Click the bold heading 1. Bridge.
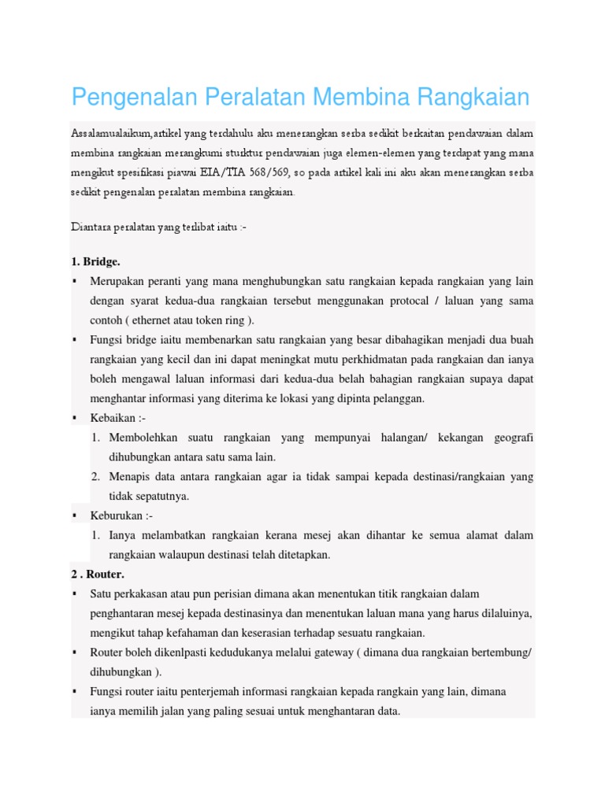[x=95, y=261]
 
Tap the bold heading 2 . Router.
[x=98, y=574]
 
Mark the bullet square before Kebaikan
[x=74, y=418]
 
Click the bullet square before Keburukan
[x=74, y=516]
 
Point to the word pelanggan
[x=395, y=398]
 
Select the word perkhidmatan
[x=377, y=360]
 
